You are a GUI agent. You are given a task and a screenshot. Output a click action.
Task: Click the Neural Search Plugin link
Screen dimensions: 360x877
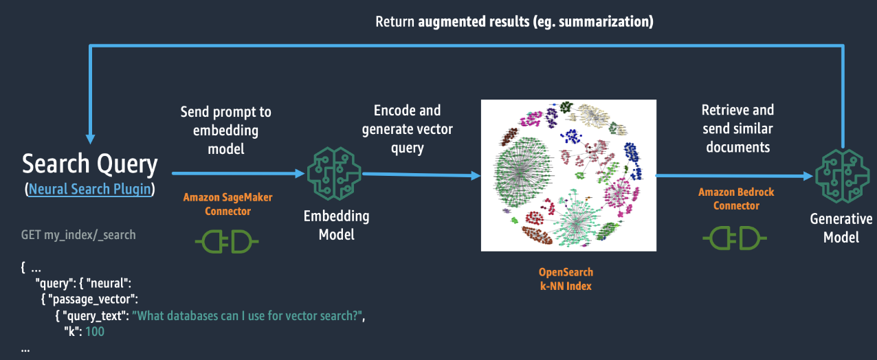pos(89,189)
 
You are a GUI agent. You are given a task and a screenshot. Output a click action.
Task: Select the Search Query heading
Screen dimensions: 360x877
pos(90,164)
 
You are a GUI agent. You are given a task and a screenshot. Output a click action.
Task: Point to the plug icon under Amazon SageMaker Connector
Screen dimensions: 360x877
pos(227,240)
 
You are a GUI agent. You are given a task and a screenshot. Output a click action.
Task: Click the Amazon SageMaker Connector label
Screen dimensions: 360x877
pos(227,204)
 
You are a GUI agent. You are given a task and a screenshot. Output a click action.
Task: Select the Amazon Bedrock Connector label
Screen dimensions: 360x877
pos(735,199)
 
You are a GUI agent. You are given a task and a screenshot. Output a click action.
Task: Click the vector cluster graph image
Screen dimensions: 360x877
pos(568,175)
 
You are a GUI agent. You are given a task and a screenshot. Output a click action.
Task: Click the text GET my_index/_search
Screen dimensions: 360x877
pos(78,235)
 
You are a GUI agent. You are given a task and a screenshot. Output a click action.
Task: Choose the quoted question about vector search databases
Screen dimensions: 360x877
pos(247,315)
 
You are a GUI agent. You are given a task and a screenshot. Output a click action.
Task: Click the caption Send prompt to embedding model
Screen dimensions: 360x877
pos(225,130)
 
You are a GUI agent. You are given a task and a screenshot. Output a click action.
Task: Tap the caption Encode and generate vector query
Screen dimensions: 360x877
pos(408,128)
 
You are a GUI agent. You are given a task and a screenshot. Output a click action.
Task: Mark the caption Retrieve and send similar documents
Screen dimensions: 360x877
pos(737,128)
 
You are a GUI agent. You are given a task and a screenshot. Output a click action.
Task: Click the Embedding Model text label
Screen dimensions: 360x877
pos(336,225)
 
